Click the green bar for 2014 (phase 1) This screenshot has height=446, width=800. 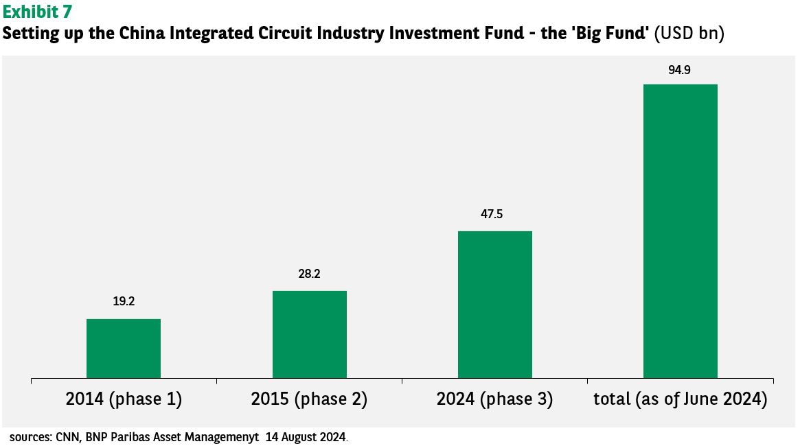pos(124,349)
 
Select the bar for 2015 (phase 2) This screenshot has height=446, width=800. pos(310,334)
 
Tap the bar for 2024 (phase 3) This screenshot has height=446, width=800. pos(495,305)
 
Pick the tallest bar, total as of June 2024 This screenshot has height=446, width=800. pos(681,231)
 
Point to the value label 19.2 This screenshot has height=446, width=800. pos(124,301)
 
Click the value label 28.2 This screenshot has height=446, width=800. pos(309,274)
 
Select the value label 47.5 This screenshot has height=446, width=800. pos(492,214)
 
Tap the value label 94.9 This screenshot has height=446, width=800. pos(680,70)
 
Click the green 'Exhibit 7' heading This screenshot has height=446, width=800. pos(37,11)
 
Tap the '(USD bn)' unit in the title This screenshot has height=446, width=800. pos(689,33)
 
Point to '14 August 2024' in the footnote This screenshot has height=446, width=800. pos(306,437)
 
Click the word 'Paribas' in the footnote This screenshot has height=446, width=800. pos(131,437)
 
